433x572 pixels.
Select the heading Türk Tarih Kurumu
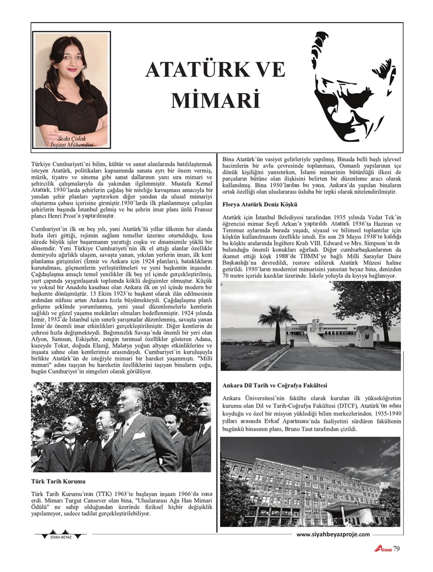(59, 480)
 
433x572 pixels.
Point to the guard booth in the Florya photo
(365, 336)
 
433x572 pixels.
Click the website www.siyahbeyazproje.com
(333, 534)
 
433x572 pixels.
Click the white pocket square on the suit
(139, 435)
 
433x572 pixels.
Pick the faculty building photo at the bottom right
(310, 482)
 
